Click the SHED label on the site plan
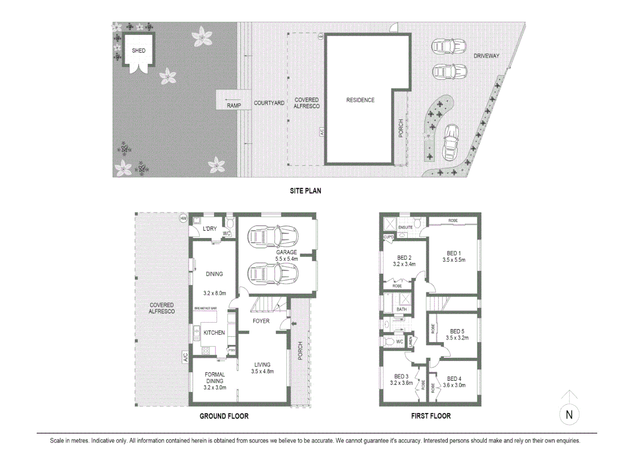point(139,51)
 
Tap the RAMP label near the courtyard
point(234,106)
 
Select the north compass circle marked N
point(569,415)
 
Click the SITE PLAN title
point(305,191)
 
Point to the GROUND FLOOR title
point(224,416)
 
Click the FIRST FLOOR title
point(431,416)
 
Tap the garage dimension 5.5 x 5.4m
point(287,259)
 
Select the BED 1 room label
point(453,253)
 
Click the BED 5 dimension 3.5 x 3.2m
point(457,338)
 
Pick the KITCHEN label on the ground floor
point(214,333)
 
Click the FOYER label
point(261,321)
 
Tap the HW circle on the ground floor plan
point(184,219)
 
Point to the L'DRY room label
point(210,229)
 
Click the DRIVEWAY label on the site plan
point(486,56)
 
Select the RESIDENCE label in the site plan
point(360,100)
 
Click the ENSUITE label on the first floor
point(405,227)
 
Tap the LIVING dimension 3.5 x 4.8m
point(262,372)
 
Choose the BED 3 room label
point(401,376)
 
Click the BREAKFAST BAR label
point(206,309)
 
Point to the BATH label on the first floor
point(402,309)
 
